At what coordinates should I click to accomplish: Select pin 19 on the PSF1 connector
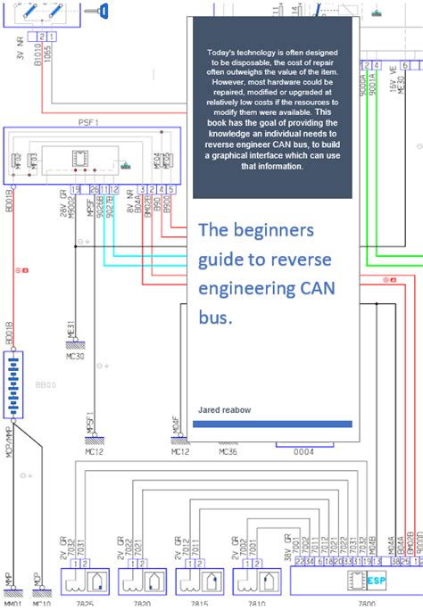coord(75,189)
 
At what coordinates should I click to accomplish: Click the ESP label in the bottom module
coord(377,581)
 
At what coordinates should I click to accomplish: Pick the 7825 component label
coord(84,604)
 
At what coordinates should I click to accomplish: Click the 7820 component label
coord(141,604)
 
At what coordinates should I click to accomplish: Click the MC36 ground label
coord(228,452)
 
